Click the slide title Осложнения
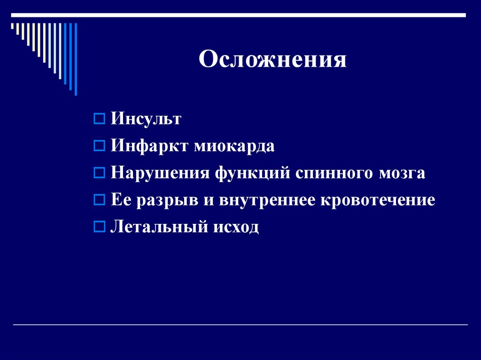272,60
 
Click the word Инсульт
146,119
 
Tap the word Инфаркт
149,146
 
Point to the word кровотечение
378,200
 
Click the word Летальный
159,228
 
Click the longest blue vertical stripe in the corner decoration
76,59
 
